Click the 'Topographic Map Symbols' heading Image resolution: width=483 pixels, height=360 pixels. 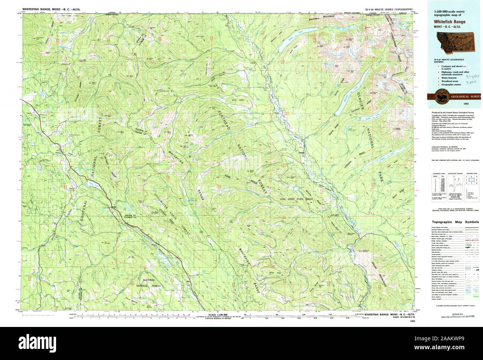455,222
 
